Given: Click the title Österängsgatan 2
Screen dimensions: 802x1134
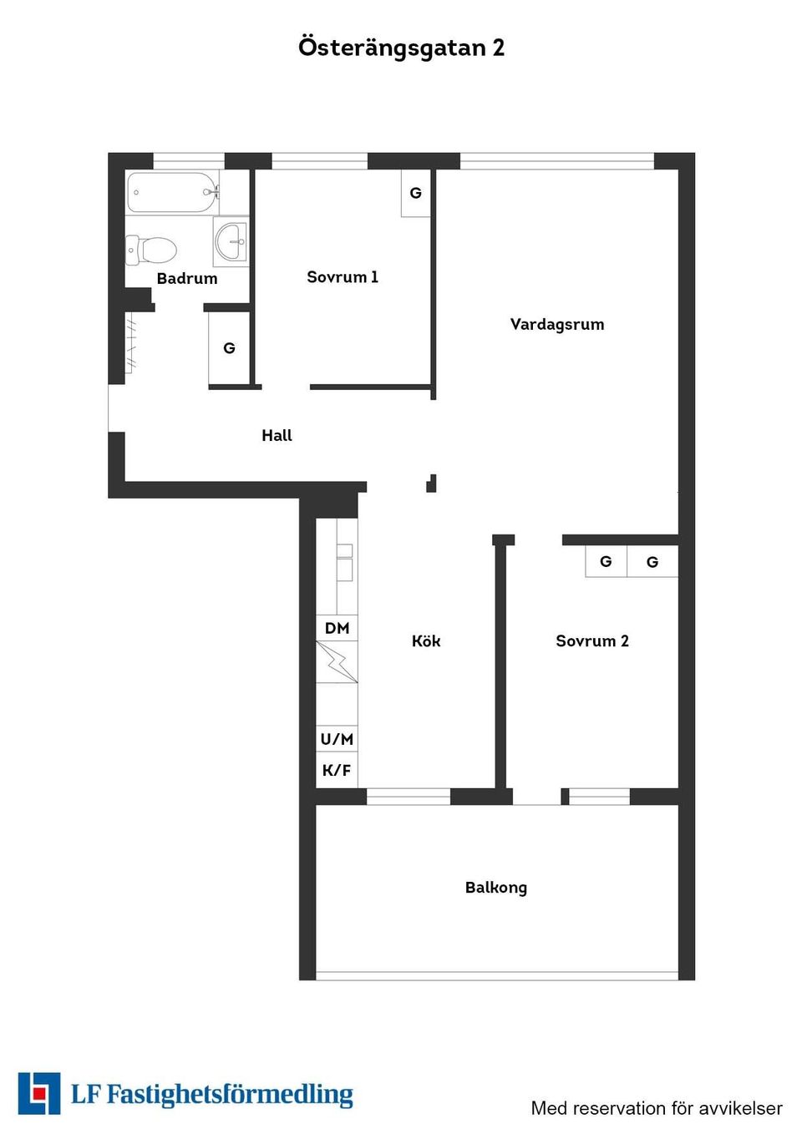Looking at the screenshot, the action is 401,48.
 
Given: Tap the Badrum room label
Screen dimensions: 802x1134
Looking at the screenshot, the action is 187,278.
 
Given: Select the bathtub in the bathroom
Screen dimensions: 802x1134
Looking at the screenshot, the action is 173,192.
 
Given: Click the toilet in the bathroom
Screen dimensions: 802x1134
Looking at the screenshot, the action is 151,250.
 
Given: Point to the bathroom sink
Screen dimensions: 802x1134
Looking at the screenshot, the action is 231,241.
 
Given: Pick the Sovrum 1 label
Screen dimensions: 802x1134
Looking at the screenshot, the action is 343,277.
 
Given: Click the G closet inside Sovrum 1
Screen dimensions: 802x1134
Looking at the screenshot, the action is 416,193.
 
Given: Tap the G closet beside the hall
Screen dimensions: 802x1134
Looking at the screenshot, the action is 229,348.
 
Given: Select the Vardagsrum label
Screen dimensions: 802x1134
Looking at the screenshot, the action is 557,325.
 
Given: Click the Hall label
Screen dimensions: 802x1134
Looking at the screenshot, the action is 277,435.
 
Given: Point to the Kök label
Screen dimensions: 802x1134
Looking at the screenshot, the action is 426,641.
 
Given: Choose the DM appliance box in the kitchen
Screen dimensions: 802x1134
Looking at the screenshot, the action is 337,628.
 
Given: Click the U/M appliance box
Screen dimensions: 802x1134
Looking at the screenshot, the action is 337,739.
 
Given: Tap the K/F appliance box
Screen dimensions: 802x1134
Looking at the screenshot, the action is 337,770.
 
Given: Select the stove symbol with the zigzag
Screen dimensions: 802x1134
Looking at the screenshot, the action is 337,662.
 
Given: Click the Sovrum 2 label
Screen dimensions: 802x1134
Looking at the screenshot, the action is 592,641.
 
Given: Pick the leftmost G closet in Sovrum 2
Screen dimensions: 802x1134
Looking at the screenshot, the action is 606,561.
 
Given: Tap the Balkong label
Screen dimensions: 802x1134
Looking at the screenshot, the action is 496,888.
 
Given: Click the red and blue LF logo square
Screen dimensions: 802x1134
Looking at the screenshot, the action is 39,1094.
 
